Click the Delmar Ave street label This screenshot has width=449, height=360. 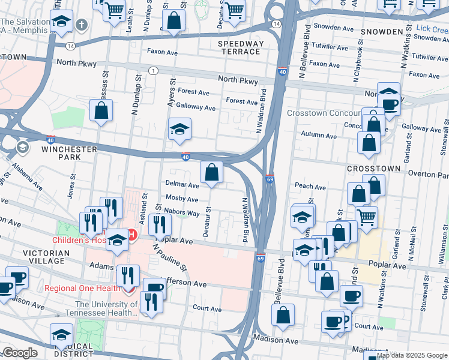(x=182, y=186)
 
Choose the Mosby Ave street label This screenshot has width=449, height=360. (x=182, y=199)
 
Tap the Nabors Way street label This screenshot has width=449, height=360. (x=183, y=213)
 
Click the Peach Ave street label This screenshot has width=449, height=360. (x=310, y=187)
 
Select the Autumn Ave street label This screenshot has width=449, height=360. (x=319, y=136)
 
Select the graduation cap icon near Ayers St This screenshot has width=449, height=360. (x=179, y=130)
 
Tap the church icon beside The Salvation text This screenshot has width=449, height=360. (x=82, y=26)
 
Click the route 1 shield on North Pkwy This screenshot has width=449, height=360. (x=154, y=71)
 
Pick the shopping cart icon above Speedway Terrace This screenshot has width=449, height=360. (x=234, y=8)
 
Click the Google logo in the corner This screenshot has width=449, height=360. (x=20, y=353)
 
